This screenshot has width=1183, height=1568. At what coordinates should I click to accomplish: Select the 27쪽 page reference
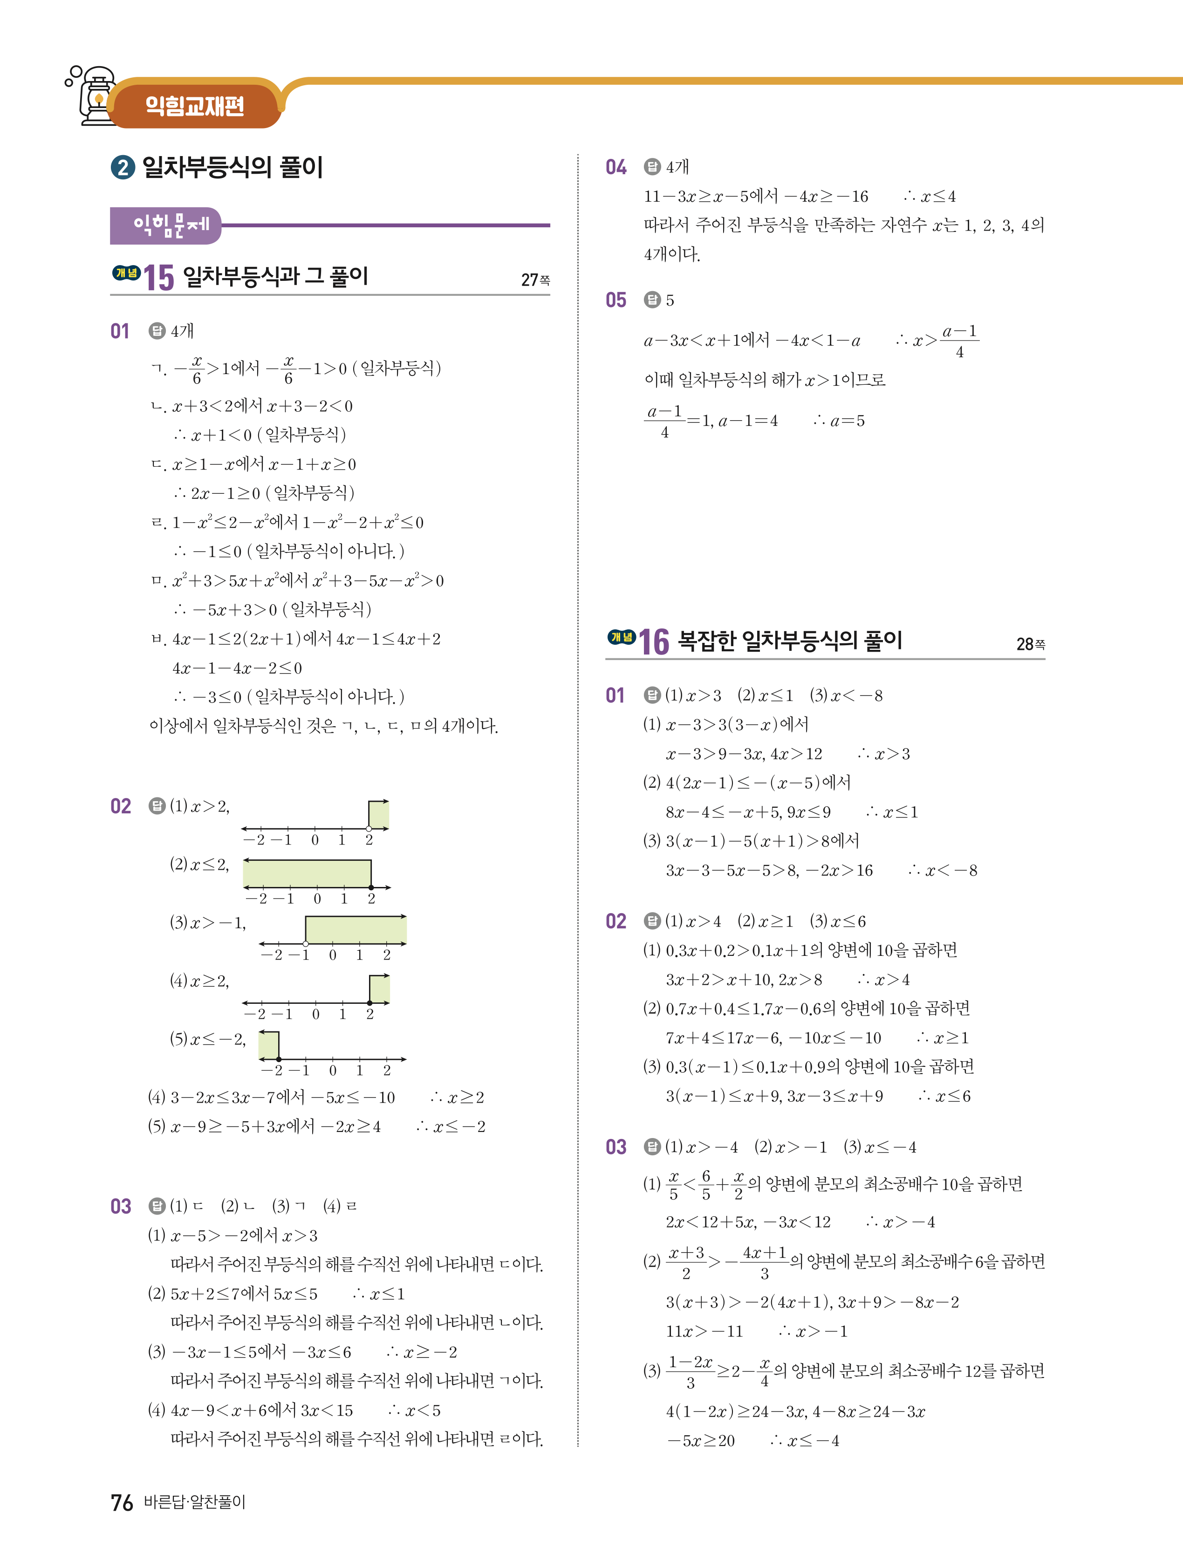[535, 280]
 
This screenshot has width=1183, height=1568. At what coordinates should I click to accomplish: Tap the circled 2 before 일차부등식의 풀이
[123, 168]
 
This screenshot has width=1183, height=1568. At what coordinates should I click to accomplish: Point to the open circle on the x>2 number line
[369, 828]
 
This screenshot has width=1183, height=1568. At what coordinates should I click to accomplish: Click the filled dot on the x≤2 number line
[371, 887]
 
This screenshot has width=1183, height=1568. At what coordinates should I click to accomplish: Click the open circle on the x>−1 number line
[306, 943]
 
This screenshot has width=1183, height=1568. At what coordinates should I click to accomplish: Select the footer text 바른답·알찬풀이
[194, 1502]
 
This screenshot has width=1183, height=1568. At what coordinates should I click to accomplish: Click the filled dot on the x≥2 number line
[370, 1002]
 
